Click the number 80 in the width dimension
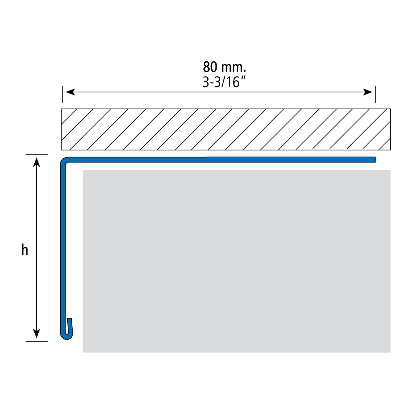pos(210,67)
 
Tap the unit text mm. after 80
pos(234,68)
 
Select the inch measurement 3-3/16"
pos(224,82)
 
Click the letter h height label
pos(25,250)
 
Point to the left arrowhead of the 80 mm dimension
pos(70,92)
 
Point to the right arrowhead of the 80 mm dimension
pos(367,92)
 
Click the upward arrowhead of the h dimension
pos(36,162)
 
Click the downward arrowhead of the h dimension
pos(36,334)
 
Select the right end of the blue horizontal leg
pos(375,160)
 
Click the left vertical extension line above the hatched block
pos(63,94)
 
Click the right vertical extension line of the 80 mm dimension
pos(375,94)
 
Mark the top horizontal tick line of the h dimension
pos(36,154)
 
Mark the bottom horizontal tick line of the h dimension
pos(36,341)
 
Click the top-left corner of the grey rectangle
pos(83,170)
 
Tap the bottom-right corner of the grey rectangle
pos(390,352)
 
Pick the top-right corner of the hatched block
pos(390,109)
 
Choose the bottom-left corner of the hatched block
pos(61,150)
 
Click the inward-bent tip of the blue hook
pos(69,319)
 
